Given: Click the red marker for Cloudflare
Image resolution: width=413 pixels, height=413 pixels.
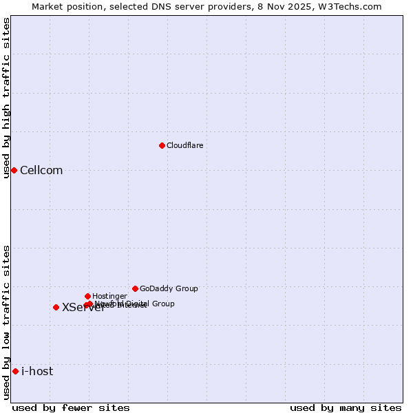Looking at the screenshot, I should (162, 145).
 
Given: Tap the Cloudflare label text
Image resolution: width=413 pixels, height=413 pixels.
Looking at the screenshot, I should (184, 145).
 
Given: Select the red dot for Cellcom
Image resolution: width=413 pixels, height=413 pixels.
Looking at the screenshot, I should (14, 170).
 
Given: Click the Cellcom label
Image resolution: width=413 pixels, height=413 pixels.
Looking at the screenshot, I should (41, 171).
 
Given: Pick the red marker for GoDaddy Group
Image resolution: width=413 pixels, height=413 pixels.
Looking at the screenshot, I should (135, 288).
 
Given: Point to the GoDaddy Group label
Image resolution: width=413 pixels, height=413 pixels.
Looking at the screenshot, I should (169, 288).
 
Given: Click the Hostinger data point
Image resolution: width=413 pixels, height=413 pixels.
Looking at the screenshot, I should (87, 296).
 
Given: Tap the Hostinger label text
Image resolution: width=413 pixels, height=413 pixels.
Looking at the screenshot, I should (109, 296).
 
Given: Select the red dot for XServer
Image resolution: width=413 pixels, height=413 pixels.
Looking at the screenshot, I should (56, 307).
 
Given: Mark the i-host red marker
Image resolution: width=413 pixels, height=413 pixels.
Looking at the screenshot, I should (15, 371).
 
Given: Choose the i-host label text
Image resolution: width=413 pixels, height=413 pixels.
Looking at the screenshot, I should (37, 372).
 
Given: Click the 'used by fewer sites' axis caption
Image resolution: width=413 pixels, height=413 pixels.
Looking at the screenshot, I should (71, 407).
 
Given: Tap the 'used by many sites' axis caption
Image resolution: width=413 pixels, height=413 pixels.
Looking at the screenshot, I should (346, 407).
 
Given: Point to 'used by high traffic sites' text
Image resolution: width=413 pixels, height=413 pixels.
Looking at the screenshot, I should (7, 98).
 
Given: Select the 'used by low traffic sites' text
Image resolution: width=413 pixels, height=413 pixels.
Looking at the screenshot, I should (7, 322).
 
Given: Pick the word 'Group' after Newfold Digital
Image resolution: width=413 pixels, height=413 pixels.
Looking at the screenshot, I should (162, 304).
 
